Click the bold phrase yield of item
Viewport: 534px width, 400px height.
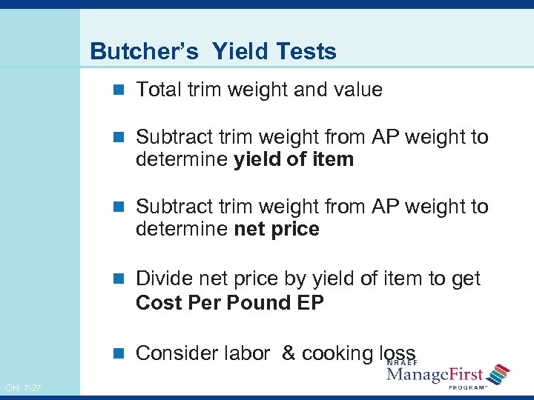294,159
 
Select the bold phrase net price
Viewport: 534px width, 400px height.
277,229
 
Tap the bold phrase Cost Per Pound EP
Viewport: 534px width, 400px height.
230,303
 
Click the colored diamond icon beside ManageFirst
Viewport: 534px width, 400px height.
500,374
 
